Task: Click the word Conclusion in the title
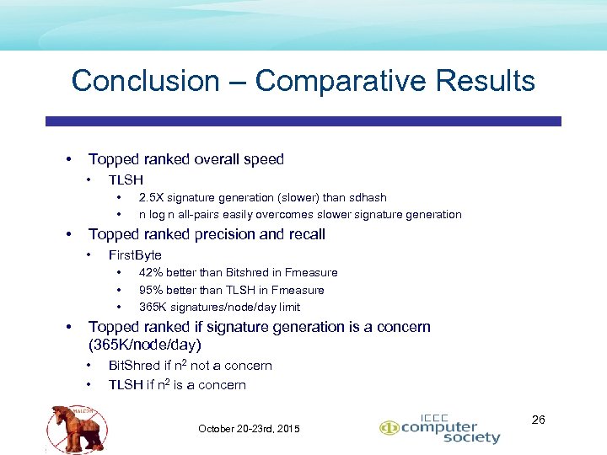point(145,81)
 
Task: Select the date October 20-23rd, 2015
point(249,429)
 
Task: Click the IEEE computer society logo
point(440,429)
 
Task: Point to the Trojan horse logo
point(78,426)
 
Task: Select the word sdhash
point(368,197)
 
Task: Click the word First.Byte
point(135,254)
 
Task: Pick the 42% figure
point(151,272)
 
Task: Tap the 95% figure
point(151,290)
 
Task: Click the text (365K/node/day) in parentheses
point(145,345)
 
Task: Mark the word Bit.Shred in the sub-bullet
point(135,366)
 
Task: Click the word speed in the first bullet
point(263,159)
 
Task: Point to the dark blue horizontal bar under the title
point(303,121)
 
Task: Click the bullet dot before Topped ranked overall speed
point(67,159)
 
